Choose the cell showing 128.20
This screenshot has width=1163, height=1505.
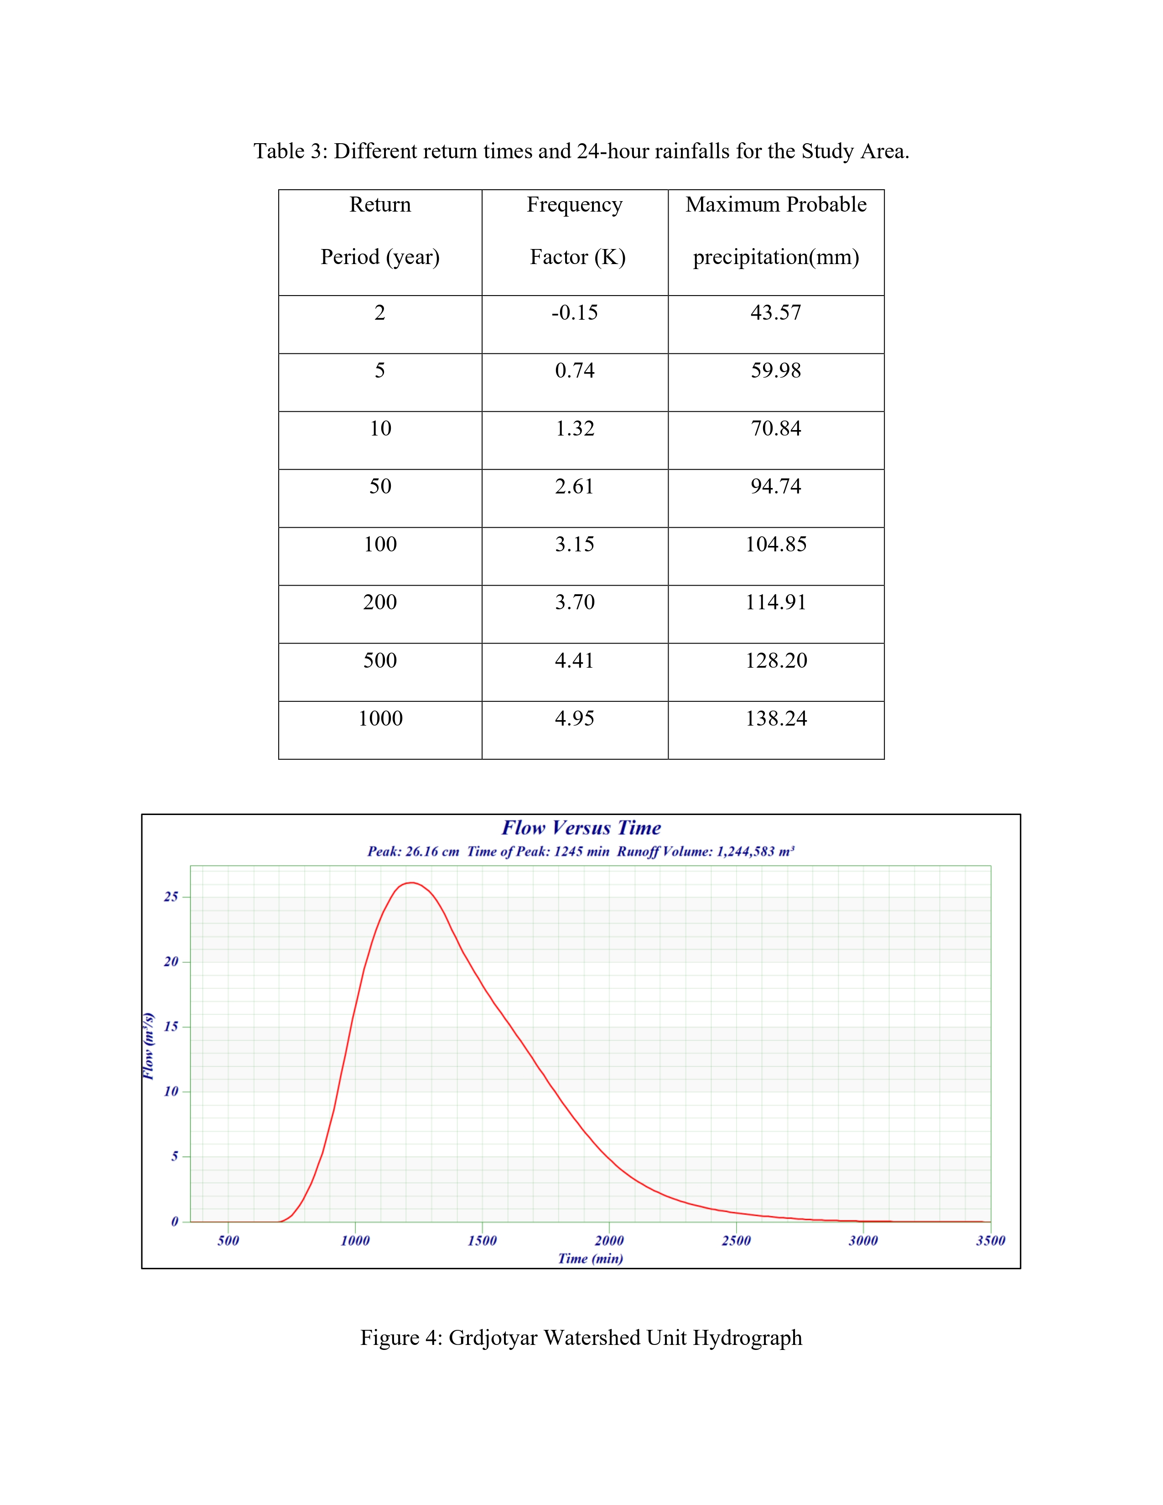click(776, 660)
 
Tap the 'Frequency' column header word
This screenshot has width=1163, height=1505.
click(575, 205)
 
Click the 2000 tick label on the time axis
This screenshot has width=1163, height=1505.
click(609, 1240)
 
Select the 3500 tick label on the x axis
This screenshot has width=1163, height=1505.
click(990, 1240)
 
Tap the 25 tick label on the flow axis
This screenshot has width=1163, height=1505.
click(171, 897)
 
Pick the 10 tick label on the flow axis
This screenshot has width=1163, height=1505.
click(171, 1091)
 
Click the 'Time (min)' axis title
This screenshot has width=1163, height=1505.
click(591, 1258)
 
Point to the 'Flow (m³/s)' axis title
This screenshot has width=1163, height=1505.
click(148, 1046)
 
